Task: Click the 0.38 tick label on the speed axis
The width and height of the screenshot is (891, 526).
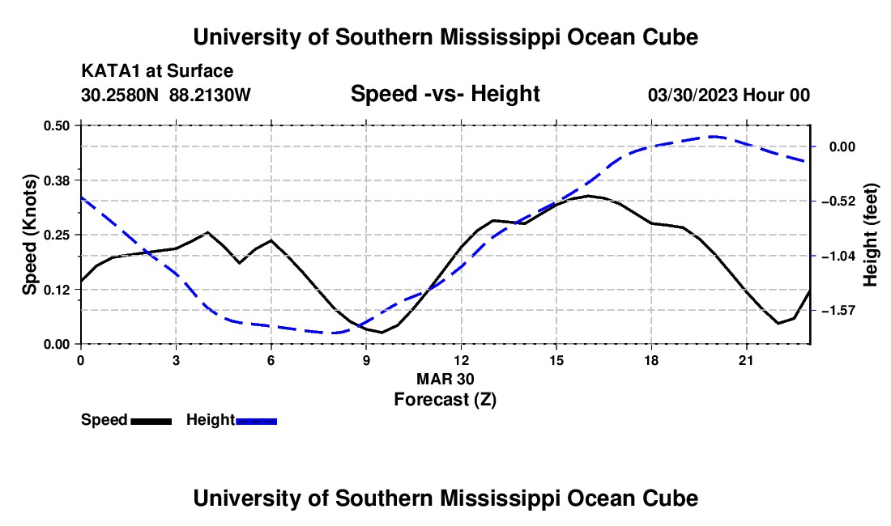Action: click(x=56, y=180)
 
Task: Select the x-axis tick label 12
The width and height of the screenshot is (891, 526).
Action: click(x=461, y=360)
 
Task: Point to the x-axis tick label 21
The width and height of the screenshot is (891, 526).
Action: click(x=745, y=360)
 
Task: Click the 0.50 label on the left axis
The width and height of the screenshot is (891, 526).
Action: click(x=56, y=125)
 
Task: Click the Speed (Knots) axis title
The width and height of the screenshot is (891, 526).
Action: click(x=29, y=235)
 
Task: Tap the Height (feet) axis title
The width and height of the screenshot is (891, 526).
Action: click(x=870, y=235)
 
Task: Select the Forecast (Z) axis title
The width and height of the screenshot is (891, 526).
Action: click(x=445, y=400)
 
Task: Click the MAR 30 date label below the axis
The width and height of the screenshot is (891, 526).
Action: click(x=445, y=379)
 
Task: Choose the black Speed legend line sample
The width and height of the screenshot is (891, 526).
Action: click(x=151, y=421)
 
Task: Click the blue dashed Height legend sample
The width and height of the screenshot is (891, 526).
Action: click(x=256, y=421)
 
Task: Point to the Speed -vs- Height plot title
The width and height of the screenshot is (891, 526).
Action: click(x=445, y=94)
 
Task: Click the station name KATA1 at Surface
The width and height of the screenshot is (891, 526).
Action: click(x=157, y=71)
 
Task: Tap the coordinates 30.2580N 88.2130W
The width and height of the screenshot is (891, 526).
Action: click(x=165, y=95)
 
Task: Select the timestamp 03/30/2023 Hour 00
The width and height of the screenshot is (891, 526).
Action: click(x=728, y=95)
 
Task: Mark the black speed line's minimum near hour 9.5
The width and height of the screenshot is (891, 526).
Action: click(x=382, y=333)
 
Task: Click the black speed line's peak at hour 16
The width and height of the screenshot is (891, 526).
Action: click(x=588, y=196)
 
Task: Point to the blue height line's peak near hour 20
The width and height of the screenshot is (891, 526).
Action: click(x=714, y=136)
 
